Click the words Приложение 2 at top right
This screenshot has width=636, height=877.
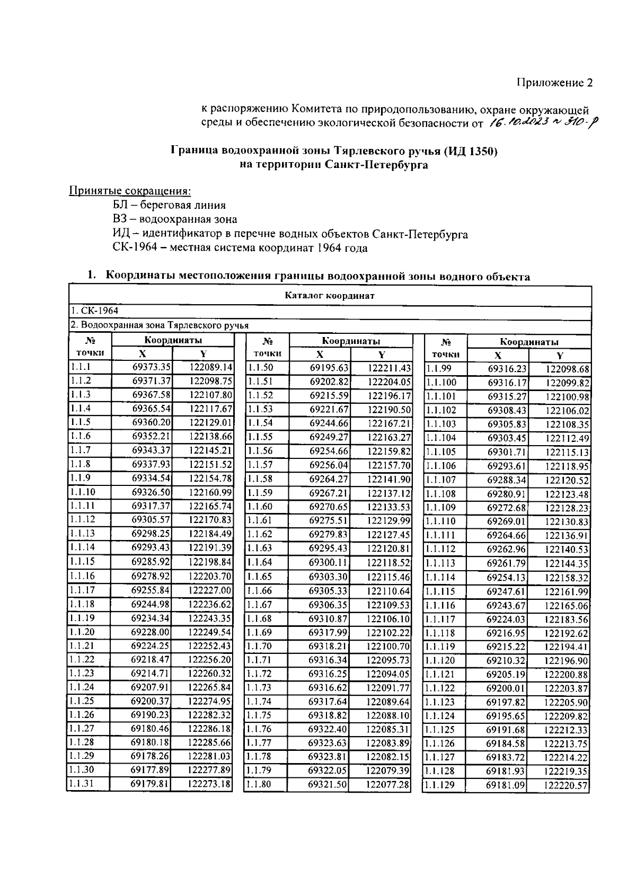[554, 83]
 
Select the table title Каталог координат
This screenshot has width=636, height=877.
[329, 296]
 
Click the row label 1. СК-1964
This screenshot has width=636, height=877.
[95, 311]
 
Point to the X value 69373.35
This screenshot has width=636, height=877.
[151, 367]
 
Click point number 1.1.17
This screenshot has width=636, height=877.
[82, 590]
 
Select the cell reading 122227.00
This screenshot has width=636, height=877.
[210, 590]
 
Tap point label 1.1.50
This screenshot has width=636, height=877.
[260, 368]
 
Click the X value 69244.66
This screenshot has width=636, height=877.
[329, 423]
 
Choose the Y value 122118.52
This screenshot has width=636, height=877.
[388, 562]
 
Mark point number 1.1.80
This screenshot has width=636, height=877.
[260, 784]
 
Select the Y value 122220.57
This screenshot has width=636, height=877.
[566, 786]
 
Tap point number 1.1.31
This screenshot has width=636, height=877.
[82, 784]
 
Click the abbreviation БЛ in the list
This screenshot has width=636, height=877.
[119, 205]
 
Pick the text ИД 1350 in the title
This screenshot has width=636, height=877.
[472, 151]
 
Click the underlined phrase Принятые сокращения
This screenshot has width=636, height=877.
[130, 190]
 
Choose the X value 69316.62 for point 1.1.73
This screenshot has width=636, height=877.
[328, 687]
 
